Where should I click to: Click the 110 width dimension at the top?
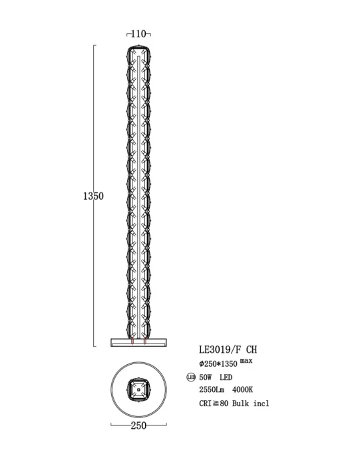click(x=138, y=33)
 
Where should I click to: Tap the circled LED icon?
click(x=191, y=377)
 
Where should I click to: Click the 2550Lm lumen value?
click(x=212, y=390)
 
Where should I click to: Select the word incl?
click(x=262, y=403)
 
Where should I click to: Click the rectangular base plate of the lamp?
click(x=138, y=342)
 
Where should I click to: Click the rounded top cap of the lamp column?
click(x=138, y=48)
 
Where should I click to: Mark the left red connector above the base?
click(x=132, y=340)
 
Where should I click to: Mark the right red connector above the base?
click(x=144, y=340)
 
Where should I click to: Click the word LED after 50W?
click(x=226, y=377)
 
